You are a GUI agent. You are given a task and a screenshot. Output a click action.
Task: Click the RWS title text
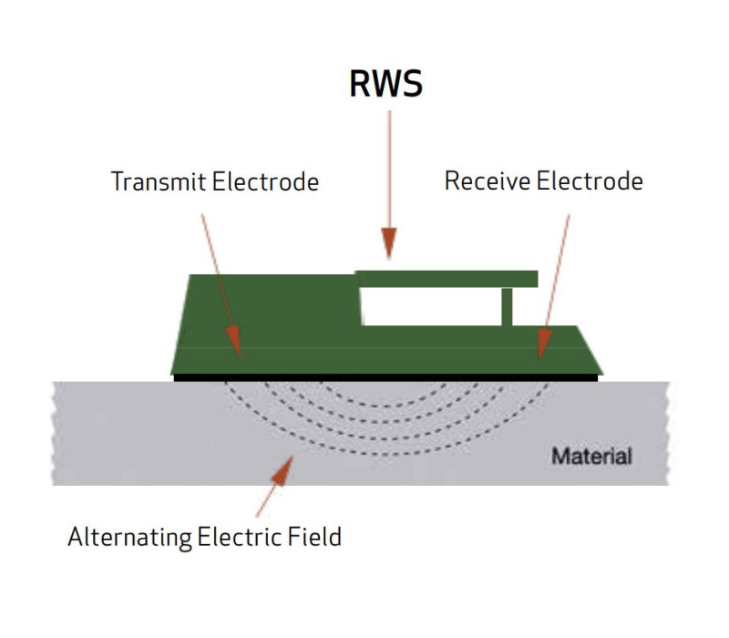pos(385,84)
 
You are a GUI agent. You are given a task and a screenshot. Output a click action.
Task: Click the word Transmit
pos(159,181)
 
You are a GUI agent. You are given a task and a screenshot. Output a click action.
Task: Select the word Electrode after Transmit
pos(265,181)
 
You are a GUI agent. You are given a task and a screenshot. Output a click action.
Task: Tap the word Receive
pos(488,180)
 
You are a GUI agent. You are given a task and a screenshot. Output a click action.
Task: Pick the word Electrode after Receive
pos(590,180)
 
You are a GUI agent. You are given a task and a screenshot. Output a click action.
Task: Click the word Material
pos(591,457)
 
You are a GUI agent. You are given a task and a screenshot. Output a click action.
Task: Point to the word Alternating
pos(129,537)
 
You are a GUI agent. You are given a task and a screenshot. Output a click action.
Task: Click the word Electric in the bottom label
pos(240,537)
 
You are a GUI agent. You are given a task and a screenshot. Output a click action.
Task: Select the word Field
pos(314,537)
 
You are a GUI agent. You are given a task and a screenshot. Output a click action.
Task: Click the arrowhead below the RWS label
pos(389,242)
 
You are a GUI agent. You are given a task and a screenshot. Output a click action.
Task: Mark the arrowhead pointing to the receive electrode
pos(543,344)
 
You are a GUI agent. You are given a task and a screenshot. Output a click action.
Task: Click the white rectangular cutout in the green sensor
pos(431,306)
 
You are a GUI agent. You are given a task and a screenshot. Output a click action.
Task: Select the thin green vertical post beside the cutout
pos(507,307)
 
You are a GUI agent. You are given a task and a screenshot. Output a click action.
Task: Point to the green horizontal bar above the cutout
pos(447,279)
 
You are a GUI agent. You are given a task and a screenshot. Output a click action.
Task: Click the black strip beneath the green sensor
pos(385,377)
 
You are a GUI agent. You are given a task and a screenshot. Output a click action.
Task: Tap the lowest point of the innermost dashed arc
pos(385,406)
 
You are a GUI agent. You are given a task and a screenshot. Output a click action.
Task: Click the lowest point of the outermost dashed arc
pos(385,454)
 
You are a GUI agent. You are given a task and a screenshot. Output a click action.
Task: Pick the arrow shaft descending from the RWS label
pos(390,170)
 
